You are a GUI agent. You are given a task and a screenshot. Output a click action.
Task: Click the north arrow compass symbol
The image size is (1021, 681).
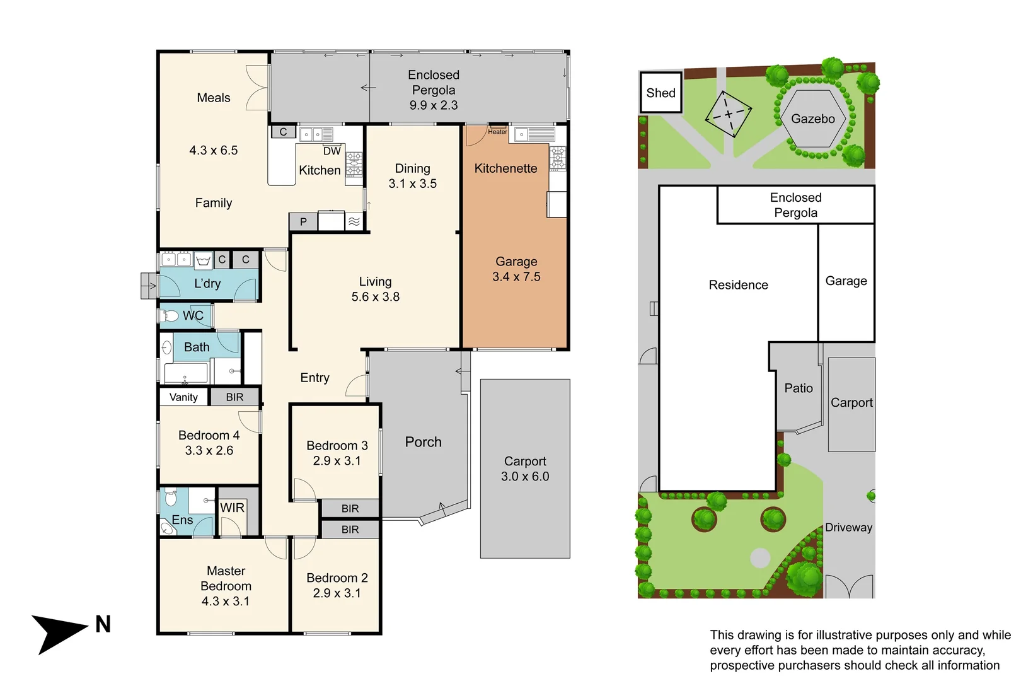tap(57, 632)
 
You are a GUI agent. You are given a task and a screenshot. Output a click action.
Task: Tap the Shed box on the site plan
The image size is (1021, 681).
tap(660, 93)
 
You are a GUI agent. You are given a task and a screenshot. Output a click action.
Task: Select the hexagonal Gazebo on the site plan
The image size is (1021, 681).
tap(813, 119)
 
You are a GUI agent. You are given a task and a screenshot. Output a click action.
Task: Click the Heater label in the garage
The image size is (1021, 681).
tap(497, 132)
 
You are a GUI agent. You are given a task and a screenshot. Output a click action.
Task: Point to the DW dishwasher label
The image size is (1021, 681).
tap(332, 151)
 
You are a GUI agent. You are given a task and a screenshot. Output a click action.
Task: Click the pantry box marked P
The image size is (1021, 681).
tap(303, 222)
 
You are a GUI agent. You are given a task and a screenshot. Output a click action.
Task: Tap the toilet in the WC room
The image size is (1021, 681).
tap(169, 316)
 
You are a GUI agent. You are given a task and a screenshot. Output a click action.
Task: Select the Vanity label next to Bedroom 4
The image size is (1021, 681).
tap(183, 397)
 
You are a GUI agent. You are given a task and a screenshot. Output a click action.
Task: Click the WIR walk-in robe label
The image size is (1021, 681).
tap(232, 508)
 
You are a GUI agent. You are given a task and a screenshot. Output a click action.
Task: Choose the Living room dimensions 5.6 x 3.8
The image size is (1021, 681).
tap(375, 297)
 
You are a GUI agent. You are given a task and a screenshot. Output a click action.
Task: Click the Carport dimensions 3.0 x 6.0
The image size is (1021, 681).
tap(525, 477)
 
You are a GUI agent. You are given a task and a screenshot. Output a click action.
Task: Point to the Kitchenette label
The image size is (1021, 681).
tap(505, 168)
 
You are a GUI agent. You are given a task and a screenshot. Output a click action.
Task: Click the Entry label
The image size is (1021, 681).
tap(314, 378)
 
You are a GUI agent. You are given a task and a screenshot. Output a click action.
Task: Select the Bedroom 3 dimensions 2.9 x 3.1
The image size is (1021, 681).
tap(337, 461)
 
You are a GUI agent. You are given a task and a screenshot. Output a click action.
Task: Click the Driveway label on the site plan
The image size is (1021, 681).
tap(848, 528)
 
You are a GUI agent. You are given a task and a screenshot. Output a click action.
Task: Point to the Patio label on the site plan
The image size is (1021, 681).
tap(799, 388)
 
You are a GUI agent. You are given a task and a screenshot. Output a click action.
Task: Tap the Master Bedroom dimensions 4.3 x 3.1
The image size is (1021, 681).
tap(226, 602)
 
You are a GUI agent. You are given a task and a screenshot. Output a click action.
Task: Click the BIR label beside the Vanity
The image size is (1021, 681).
tap(234, 397)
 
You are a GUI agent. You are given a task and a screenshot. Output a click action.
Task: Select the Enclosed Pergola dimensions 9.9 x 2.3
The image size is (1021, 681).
tap(434, 105)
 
